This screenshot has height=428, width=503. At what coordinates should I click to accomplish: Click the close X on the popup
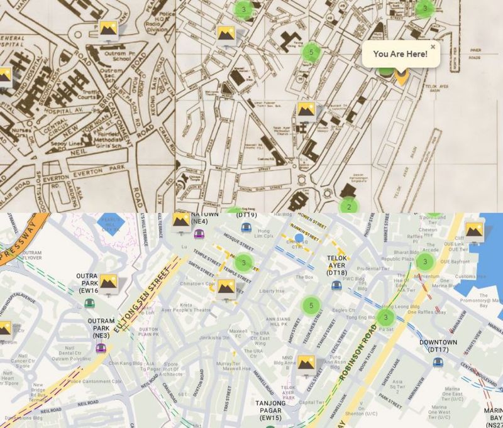tap(433, 47)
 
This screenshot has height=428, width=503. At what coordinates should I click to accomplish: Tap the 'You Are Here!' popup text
tap(400, 54)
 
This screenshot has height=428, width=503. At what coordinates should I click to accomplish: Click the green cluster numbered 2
tap(348, 206)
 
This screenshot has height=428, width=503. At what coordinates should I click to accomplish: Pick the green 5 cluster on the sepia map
tap(310, 52)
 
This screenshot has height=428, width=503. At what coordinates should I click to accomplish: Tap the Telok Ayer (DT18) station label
tap(337, 265)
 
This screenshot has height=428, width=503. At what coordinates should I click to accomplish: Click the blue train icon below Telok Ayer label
tap(336, 285)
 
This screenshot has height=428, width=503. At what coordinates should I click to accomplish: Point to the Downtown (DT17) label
tap(438, 346)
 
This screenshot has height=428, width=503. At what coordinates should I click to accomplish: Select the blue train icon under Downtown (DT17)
tap(438, 362)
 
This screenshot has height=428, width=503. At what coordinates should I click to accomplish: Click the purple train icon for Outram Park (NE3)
tap(101, 348)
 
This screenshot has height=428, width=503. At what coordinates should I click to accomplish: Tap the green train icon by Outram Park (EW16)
tap(89, 303)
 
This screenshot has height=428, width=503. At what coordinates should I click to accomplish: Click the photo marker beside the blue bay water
tap(473, 230)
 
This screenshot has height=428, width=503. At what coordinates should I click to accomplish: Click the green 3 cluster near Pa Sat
tap(386, 317)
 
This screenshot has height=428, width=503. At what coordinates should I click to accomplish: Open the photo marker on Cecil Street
tap(306, 363)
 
